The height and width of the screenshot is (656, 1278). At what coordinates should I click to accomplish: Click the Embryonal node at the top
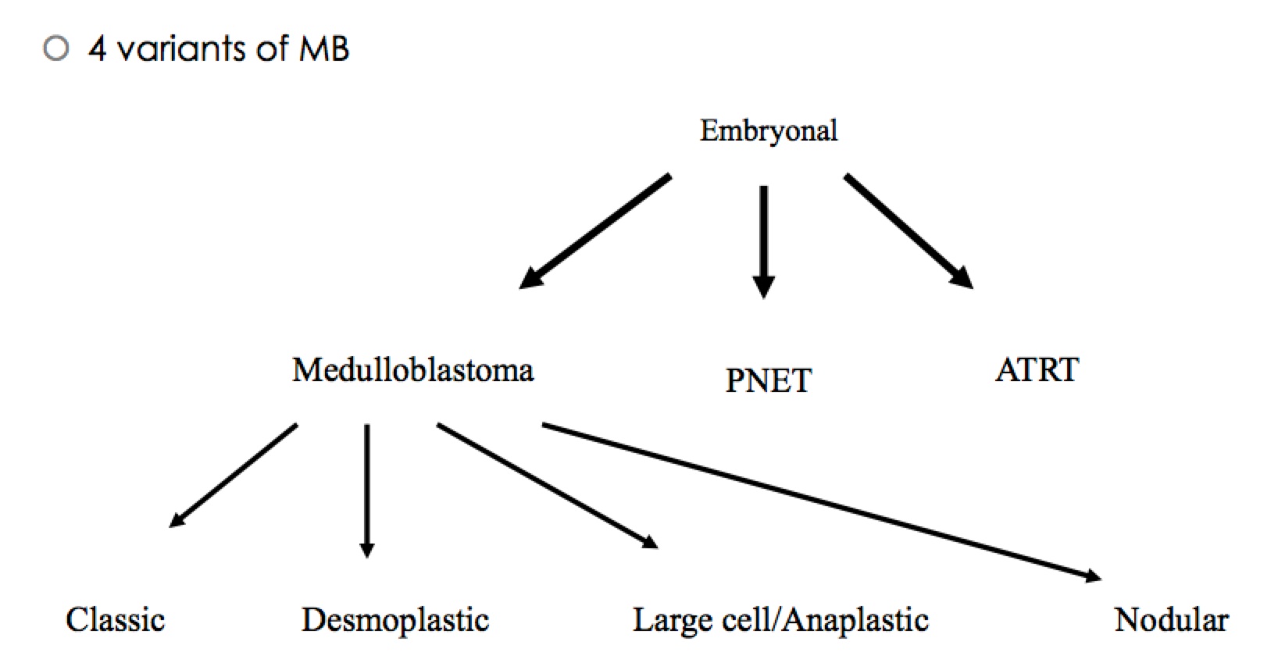pyautogui.click(x=768, y=130)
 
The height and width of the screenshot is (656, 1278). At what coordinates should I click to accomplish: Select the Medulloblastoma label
pyautogui.click(x=412, y=369)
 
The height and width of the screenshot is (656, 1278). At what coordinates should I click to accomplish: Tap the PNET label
pyautogui.click(x=769, y=380)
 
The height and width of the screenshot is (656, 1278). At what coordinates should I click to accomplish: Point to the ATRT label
pyautogui.click(x=1037, y=369)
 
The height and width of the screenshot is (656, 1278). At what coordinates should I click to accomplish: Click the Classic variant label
pyautogui.click(x=115, y=620)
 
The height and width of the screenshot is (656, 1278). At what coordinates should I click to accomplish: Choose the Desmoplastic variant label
pyautogui.click(x=395, y=620)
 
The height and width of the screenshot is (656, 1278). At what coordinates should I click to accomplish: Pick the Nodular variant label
pyautogui.click(x=1171, y=620)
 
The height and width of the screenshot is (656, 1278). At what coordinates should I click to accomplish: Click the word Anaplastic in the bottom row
pyautogui.click(x=855, y=620)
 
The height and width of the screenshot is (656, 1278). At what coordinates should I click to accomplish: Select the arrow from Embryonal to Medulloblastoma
pyautogui.click(x=595, y=231)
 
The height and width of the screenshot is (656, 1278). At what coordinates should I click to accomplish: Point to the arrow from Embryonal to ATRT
pyautogui.click(x=909, y=231)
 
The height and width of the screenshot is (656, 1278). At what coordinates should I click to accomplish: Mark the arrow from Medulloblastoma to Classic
pyautogui.click(x=234, y=475)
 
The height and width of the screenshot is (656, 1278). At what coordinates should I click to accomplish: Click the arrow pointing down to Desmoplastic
pyautogui.click(x=366, y=490)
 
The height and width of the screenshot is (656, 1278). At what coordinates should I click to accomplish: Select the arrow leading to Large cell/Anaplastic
pyautogui.click(x=547, y=486)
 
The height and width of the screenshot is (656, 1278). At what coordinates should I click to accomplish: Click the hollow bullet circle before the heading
pyautogui.click(x=56, y=49)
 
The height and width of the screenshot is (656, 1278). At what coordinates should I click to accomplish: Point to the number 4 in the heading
pyautogui.click(x=97, y=49)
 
